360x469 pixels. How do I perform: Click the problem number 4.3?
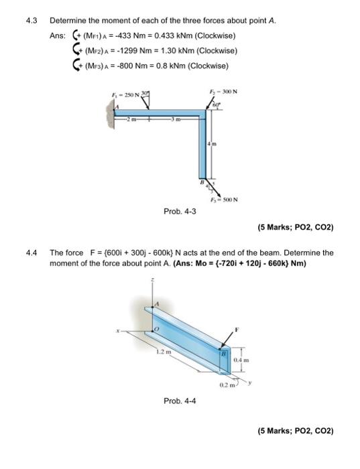pyautogui.click(x=32, y=21)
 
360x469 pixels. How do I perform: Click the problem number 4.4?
pyautogui.click(x=32, y=253)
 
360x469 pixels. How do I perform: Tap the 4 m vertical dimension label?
pyautogui.click(x=212, y=144)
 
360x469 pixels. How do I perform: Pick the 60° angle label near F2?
pyautogui.click(x=217, y=105)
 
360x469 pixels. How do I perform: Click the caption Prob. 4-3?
pyautogui.click(x=180, y=212)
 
